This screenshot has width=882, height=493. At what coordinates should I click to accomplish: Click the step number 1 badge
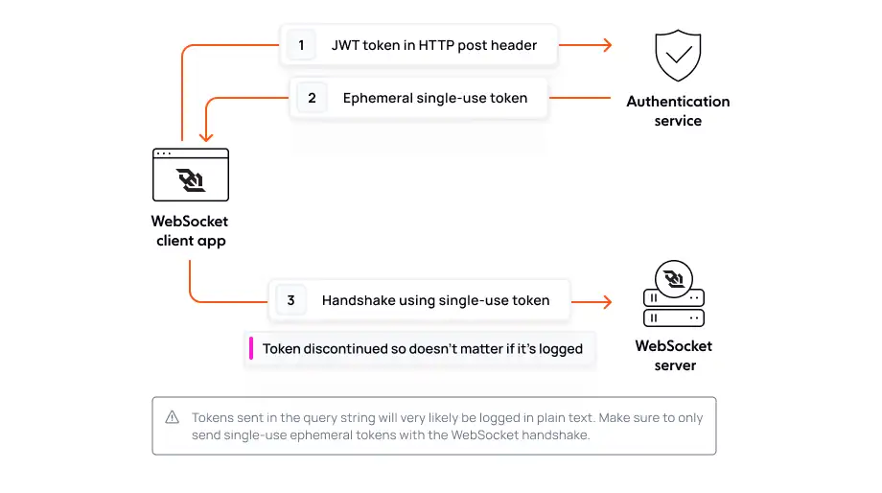pyautogui.click(x=301, y=45)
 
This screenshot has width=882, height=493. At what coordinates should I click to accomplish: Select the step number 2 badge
pyautogui.click(x=312, y=98)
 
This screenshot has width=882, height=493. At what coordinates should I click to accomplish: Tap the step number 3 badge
pyautogui.click(x=290, y=300)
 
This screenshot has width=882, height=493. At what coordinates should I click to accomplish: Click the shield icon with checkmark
pyautogui.click(x=678, y=55)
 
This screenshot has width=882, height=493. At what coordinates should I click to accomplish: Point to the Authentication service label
pyautogui.click(x=678, y=111)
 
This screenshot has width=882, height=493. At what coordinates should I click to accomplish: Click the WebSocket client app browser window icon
pyautogui.click(x=191, y=175)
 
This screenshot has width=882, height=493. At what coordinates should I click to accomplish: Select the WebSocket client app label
pyautogui.click(x=191, y=231)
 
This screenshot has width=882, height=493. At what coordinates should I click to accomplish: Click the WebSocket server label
pyautogui.click(x=674, y=356)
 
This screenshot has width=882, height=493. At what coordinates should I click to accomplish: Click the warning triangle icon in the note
pyautogui.click(x=173, y=417)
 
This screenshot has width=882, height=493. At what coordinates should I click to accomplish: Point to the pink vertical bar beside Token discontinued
pyautogui.click(x=250, y=348)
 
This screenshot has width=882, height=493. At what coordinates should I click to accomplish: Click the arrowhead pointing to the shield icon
pyautogui.click(x=605, y=44)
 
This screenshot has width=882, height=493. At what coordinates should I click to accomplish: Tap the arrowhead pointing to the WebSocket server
pyautogui.click(x=605, y=302)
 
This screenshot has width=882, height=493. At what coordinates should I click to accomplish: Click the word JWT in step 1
pyautogui.click(x=346, y=45)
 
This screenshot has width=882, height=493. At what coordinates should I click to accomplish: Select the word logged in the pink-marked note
pyautogui.click(x=560, y=349)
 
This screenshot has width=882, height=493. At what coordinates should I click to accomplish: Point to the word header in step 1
pyautogui.click(x=514, y=45)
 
